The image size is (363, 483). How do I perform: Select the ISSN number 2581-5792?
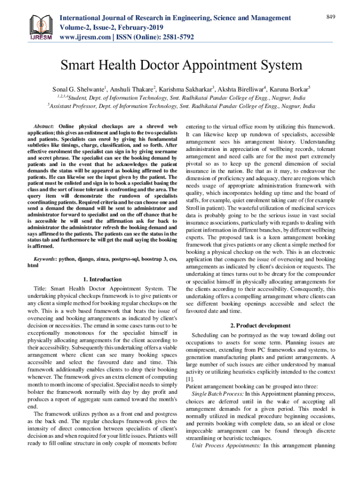pos(176,36)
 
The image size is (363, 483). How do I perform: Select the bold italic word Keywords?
pos(45,259)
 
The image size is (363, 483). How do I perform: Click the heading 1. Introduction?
pos(102,279)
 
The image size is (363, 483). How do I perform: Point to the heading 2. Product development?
pos(260,325)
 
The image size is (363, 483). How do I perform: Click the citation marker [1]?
pos(190,379)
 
